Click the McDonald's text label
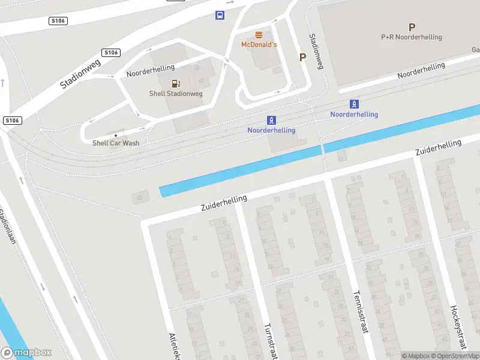point(259,45)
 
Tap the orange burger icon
point(259,35)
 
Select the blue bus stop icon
point(220,16)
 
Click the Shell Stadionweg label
point(176,94)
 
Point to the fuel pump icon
point(176,83)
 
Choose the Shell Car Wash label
point(116,143)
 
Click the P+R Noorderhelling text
point(412,37)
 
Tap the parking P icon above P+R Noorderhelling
point(412,27)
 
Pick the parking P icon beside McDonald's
point(303,58)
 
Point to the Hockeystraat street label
point(458,327)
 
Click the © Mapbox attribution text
point(416,356)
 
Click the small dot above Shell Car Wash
point(116,135)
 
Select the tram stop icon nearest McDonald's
point(271,121)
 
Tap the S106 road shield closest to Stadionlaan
point(12,121)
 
